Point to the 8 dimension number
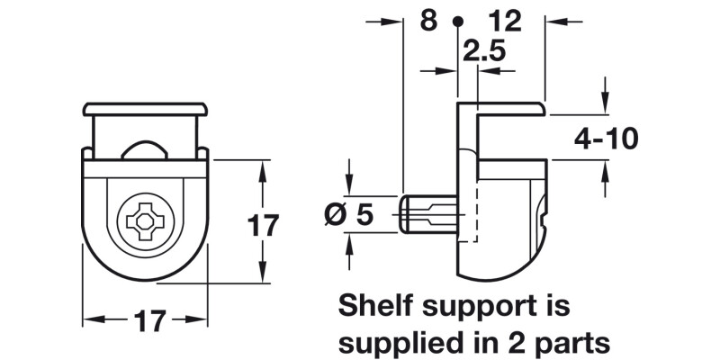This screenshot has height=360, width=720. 428,20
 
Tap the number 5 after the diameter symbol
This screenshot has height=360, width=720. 364,215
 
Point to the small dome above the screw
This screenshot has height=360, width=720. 143,150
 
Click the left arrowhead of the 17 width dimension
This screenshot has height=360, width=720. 89,319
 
